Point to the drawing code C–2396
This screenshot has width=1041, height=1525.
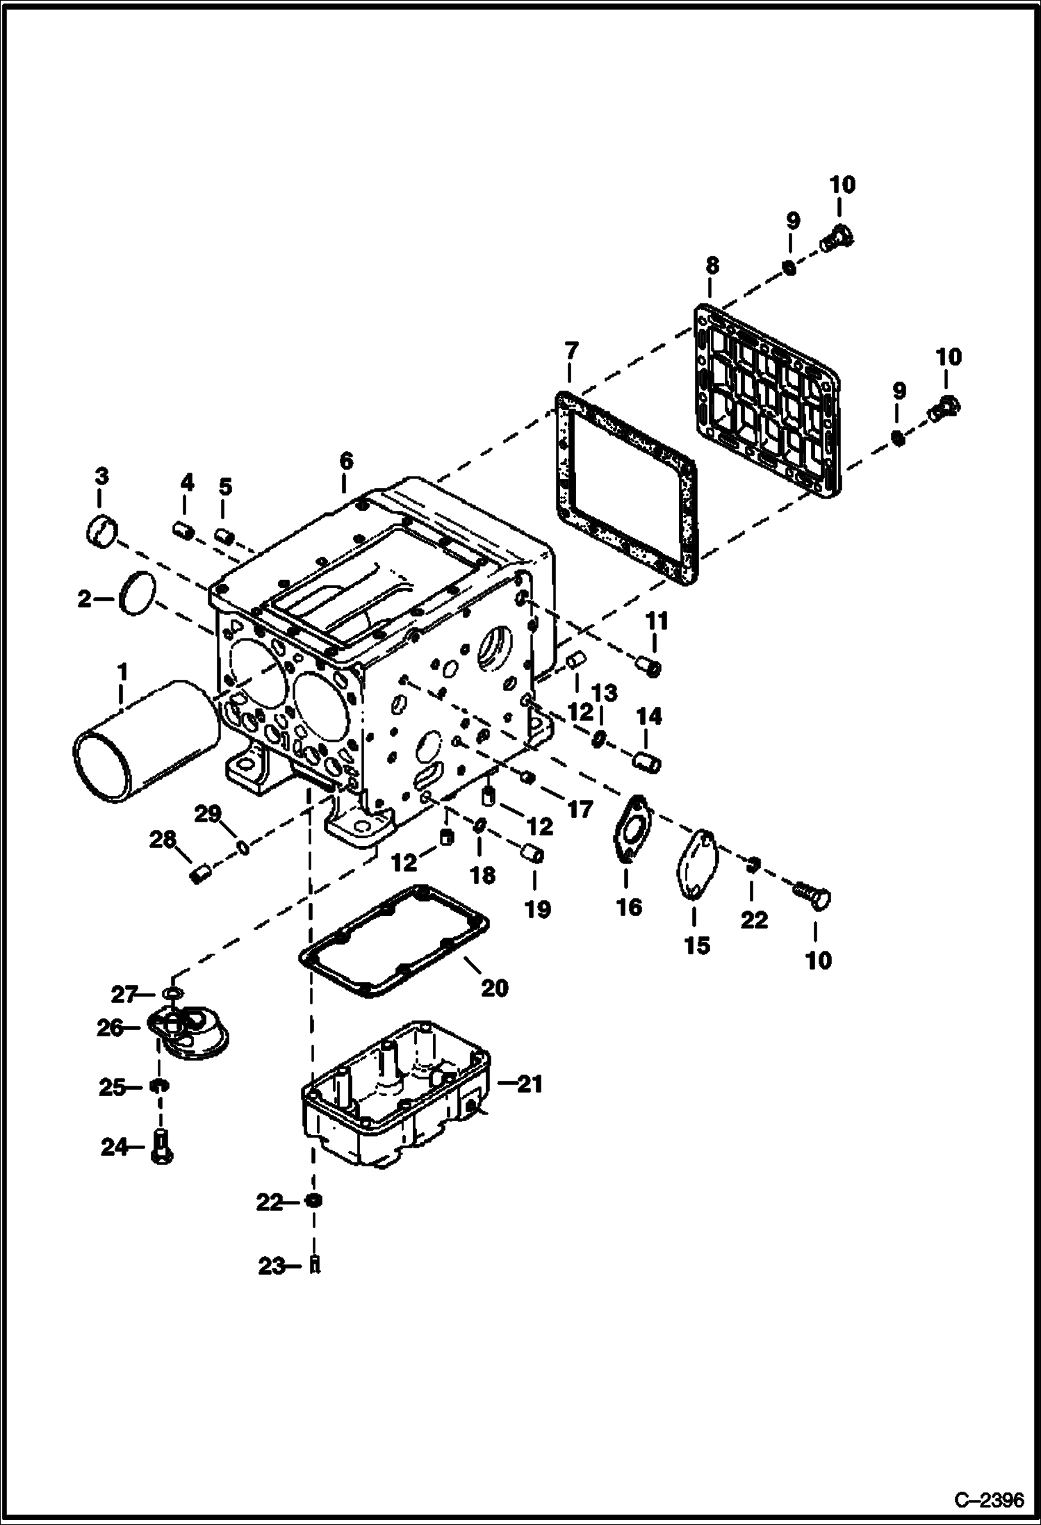tap(988, 1500)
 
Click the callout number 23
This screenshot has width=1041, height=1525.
tap(272, 1266)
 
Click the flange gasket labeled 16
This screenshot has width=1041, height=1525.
tap(631, 831)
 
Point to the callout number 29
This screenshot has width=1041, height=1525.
tap(208, 813)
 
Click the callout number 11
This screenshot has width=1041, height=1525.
tap(656, 621)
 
